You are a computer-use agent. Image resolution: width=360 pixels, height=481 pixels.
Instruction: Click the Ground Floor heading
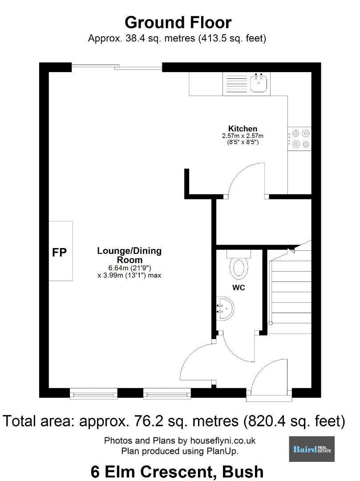(178, 22)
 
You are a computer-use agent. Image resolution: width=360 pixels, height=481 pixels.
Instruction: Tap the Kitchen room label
(243, 129)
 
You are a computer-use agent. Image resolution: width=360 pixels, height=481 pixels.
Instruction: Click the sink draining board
(236, 84)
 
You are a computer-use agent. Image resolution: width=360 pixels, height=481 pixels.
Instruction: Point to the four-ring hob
(299, 139)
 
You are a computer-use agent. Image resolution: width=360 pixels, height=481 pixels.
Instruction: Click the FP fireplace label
(60, 252)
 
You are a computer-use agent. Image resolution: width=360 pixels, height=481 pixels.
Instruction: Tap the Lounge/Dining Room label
(129, 255)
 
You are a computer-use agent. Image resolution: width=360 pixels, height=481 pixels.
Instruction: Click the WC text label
(239, 287)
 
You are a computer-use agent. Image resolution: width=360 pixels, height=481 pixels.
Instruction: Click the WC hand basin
(226, 308)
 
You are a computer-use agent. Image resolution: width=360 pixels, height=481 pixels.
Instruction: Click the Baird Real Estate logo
(312, 449)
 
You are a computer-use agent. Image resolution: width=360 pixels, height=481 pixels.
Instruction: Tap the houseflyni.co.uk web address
(223, 441)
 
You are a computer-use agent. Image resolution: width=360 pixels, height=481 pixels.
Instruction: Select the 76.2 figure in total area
(146, 421)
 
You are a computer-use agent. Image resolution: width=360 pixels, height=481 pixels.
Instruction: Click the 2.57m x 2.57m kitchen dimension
(243, 136)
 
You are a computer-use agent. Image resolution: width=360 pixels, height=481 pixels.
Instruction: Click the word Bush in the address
(243, 472)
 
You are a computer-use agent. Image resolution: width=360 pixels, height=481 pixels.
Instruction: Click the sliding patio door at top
(117, 66)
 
